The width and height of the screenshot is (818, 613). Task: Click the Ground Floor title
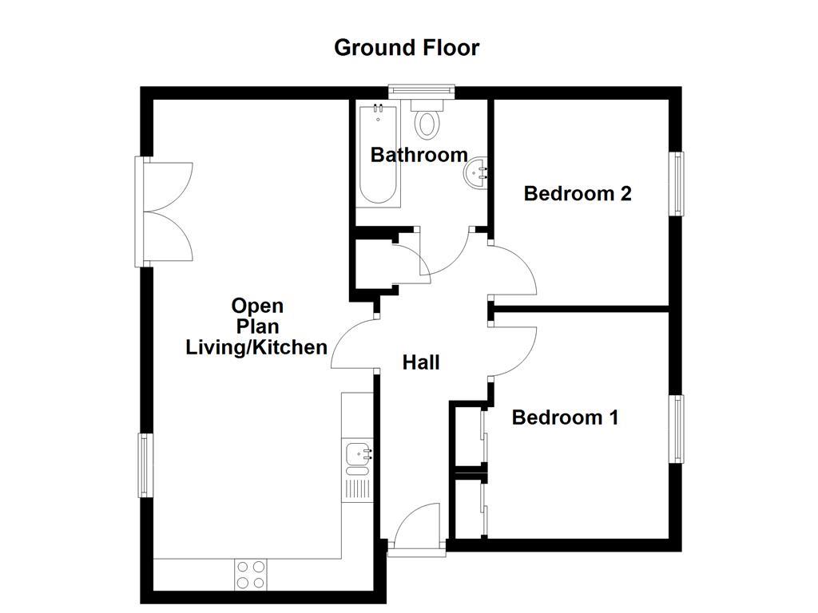[407, 47]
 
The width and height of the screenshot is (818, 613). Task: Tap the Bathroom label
[419, 155]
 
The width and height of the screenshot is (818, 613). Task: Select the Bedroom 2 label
[578, 193]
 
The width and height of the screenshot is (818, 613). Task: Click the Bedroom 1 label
[565, 417]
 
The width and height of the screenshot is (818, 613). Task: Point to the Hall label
[421, 362]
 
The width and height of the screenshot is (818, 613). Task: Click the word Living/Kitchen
[256, 347]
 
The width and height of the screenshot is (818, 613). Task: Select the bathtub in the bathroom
[379, 156]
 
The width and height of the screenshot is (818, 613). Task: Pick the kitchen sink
[356, 454]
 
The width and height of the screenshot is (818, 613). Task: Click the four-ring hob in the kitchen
[251, 575]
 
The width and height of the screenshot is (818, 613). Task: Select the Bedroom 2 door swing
[514, 271]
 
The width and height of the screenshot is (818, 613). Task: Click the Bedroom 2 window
[677, 183]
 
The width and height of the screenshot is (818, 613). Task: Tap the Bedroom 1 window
[677, 429]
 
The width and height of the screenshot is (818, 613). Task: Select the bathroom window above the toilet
[422, 92]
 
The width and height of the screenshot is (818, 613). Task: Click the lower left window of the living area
[145, 465]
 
